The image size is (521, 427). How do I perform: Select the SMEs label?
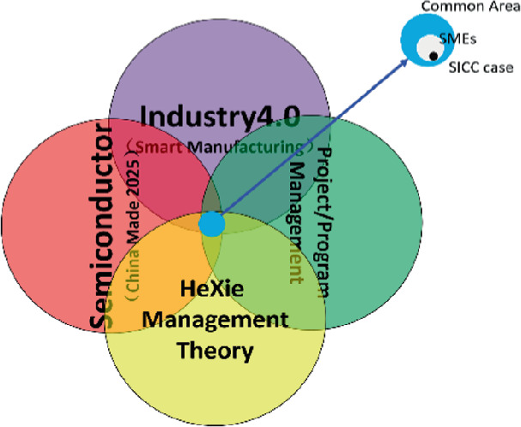(x=453, y=39)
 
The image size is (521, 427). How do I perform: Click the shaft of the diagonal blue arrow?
(x=309, y=142)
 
